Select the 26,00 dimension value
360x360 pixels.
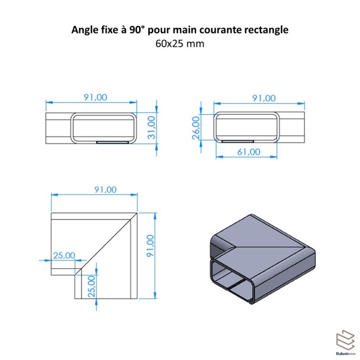coord(196,128)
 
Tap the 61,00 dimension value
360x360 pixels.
coord(248,152)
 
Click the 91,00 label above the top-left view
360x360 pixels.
coord(96,97)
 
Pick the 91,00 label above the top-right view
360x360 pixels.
coord(264,98)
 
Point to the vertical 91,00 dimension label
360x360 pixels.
coord(150,246)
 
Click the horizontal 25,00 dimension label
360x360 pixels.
coord(64,255)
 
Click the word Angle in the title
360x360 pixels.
coord(84,30)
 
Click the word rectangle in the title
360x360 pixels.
coord(269,30)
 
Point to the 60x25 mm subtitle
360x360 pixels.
coord(180,44)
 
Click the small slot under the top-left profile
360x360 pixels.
coord(112,143)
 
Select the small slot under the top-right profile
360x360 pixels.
coord(238,141)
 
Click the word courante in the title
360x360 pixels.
coord(226,30)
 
